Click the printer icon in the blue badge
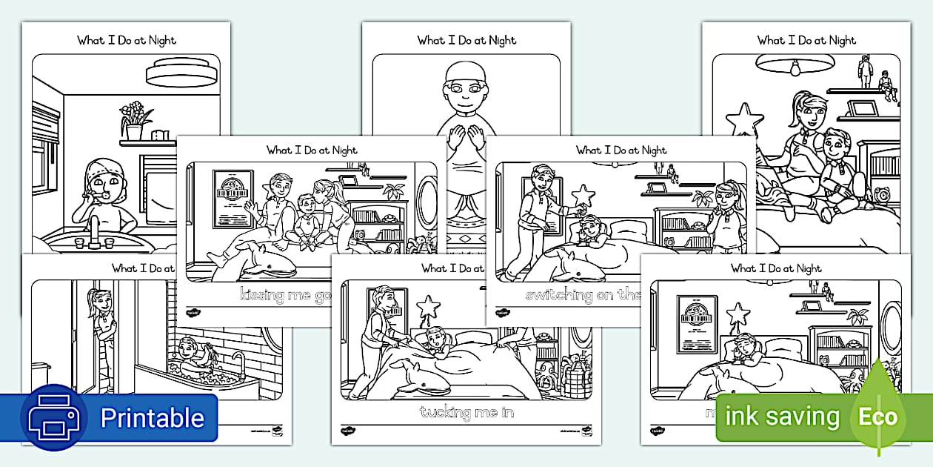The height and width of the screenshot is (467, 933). (x=53, y=417)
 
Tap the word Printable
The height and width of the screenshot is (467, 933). (x=152, y=418)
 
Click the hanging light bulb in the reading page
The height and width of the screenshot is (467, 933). (x=795, y=69)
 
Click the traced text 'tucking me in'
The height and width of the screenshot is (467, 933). (x=466, y=412)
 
